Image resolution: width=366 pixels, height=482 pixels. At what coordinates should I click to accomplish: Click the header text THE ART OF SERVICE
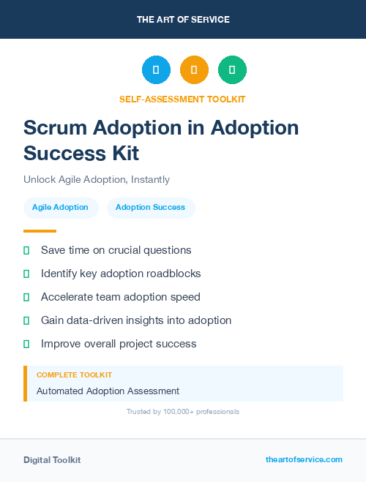pyautogui.click(x=183, y=20)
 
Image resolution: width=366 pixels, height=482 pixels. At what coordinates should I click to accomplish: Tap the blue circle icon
pyautogui.click(x=156, y=70)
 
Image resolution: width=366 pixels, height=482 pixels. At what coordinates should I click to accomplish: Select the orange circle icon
pyautogui.click(x=194, y=70)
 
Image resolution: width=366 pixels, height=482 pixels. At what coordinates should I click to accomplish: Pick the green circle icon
pyautogui.click(x=232, y=70)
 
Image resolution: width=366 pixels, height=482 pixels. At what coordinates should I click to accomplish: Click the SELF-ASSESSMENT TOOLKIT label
pyautogui.click(x=183, y=99)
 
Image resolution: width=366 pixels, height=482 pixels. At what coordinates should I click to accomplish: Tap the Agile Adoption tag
pyautogui.click(x=60, y=208)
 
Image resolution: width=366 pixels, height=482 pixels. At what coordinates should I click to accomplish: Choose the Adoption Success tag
pyautogui.click(x=150, y=208)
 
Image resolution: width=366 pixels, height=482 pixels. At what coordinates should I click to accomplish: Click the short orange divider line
pyautogui.click(x=40, y=231)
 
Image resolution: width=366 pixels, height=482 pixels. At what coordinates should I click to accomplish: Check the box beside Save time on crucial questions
pyautogui.click(x=26, y=250)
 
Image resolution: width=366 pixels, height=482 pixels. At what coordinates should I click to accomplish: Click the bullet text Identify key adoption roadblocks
pyautogui.click(x=121, y=274)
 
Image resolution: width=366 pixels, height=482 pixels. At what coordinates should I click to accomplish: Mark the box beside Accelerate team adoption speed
pyautogui.click(x=26, y=297)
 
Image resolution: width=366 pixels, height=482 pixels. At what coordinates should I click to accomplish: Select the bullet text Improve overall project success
pyautogui.click(x=119, y=344)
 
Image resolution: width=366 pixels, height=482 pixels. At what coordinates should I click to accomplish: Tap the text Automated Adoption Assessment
pyautogui.click(x=108, y=391)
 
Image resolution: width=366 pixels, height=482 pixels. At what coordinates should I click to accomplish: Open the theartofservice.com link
pyautogui.click(x=304, y=459)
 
